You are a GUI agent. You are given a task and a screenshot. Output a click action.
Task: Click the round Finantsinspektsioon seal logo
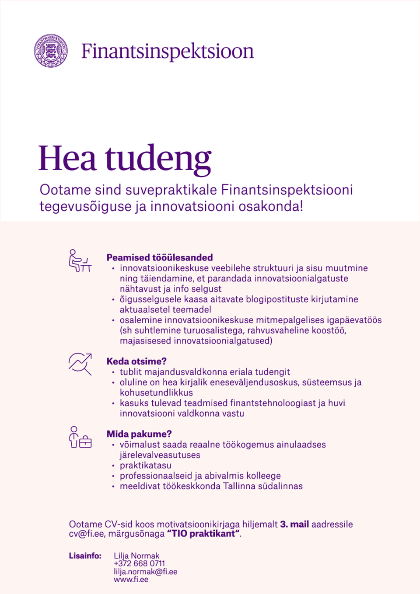[51, 51]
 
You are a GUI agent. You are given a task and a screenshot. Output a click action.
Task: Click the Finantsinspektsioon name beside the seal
[167, 51]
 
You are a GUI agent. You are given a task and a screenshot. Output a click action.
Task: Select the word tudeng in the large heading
[158, 159]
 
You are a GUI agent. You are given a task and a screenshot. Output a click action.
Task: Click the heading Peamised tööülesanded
[160, 257]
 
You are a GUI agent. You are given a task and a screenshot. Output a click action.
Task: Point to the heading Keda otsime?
[136, 361]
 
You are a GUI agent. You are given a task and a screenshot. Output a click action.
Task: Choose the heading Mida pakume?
[139, 434]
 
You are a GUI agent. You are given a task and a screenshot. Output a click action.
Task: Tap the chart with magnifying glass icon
[80, 364]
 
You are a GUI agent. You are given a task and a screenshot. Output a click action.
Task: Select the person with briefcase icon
[80, 437]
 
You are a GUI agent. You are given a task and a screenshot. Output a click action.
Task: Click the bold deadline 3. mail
[294, 524]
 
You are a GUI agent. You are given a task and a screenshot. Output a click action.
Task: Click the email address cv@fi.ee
[86, 534]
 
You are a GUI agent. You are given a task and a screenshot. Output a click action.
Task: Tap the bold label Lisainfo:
[85, 556]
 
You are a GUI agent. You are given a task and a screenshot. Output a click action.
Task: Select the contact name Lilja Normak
[136, 556]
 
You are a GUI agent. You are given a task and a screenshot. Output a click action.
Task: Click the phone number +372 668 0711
[139, 564]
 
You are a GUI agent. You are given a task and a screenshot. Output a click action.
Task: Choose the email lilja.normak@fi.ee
[145, 572]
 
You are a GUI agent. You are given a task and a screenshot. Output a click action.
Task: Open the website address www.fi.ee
[131, 580]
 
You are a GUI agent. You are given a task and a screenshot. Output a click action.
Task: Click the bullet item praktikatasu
[145, 465]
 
